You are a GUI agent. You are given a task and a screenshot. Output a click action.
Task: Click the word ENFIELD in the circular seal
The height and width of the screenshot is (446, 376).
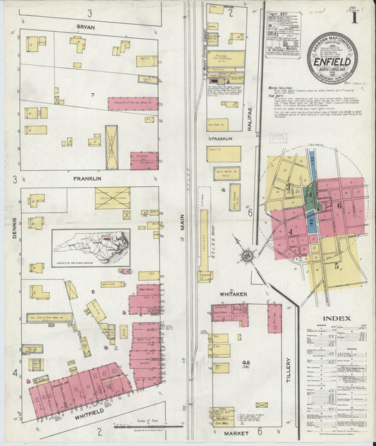pyautogui.click(x=336, y=61)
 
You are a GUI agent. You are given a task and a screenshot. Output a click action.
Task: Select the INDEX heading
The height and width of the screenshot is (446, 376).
pyautogui.click(x=336, y=318)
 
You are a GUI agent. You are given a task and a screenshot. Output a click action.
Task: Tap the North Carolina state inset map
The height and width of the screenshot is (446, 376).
pyautogui.click(x=90, y=247)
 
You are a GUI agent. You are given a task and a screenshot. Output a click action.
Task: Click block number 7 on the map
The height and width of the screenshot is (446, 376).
pyautogui.click(x=92, y=95)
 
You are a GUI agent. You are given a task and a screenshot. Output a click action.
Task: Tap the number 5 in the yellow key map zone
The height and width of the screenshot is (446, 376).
pyautogui.click(x=336, y=266)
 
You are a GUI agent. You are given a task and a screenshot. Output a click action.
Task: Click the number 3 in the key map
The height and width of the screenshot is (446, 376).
pyautogui.click(x=289, y=186)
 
